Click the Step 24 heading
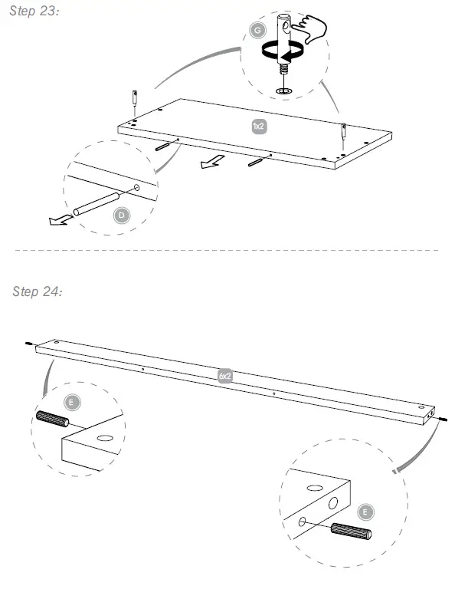38,291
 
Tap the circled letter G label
257,30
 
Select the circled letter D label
120,216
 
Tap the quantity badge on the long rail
224,376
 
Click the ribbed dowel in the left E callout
53,420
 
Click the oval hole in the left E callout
104,437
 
